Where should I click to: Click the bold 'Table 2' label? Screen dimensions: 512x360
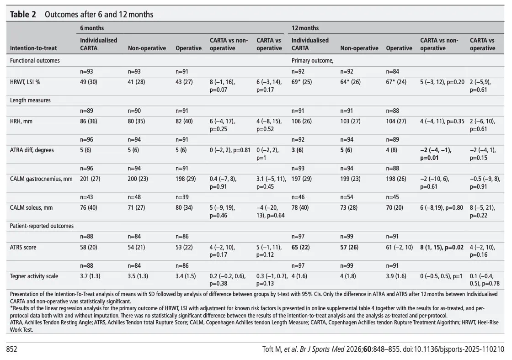[23, 14]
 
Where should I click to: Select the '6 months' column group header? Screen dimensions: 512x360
[92, 28]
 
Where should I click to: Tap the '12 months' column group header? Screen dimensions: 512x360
[305, 28]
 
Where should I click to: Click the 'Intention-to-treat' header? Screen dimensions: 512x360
[33, 48]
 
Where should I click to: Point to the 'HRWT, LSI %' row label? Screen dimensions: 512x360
[25, 82]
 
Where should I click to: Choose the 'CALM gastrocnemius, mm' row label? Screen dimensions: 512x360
[41, 179]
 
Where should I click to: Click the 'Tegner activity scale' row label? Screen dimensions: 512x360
[34, 276]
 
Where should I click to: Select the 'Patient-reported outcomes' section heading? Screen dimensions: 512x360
[42, 226]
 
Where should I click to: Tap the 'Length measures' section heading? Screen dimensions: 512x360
[30, 100]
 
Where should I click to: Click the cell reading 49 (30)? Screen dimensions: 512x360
[89, 82]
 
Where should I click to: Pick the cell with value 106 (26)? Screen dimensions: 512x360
[302, 122]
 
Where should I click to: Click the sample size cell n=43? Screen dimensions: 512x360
[86, 197]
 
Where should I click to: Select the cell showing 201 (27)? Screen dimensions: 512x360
[90, 179]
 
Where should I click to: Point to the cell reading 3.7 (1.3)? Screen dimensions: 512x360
[90, 276]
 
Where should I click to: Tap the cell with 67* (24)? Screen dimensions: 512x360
[396, 82]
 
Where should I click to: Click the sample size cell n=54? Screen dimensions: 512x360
[347, 197]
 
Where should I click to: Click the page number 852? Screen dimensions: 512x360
[11, 349]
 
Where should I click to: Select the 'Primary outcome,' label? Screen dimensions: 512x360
[313, 60]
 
